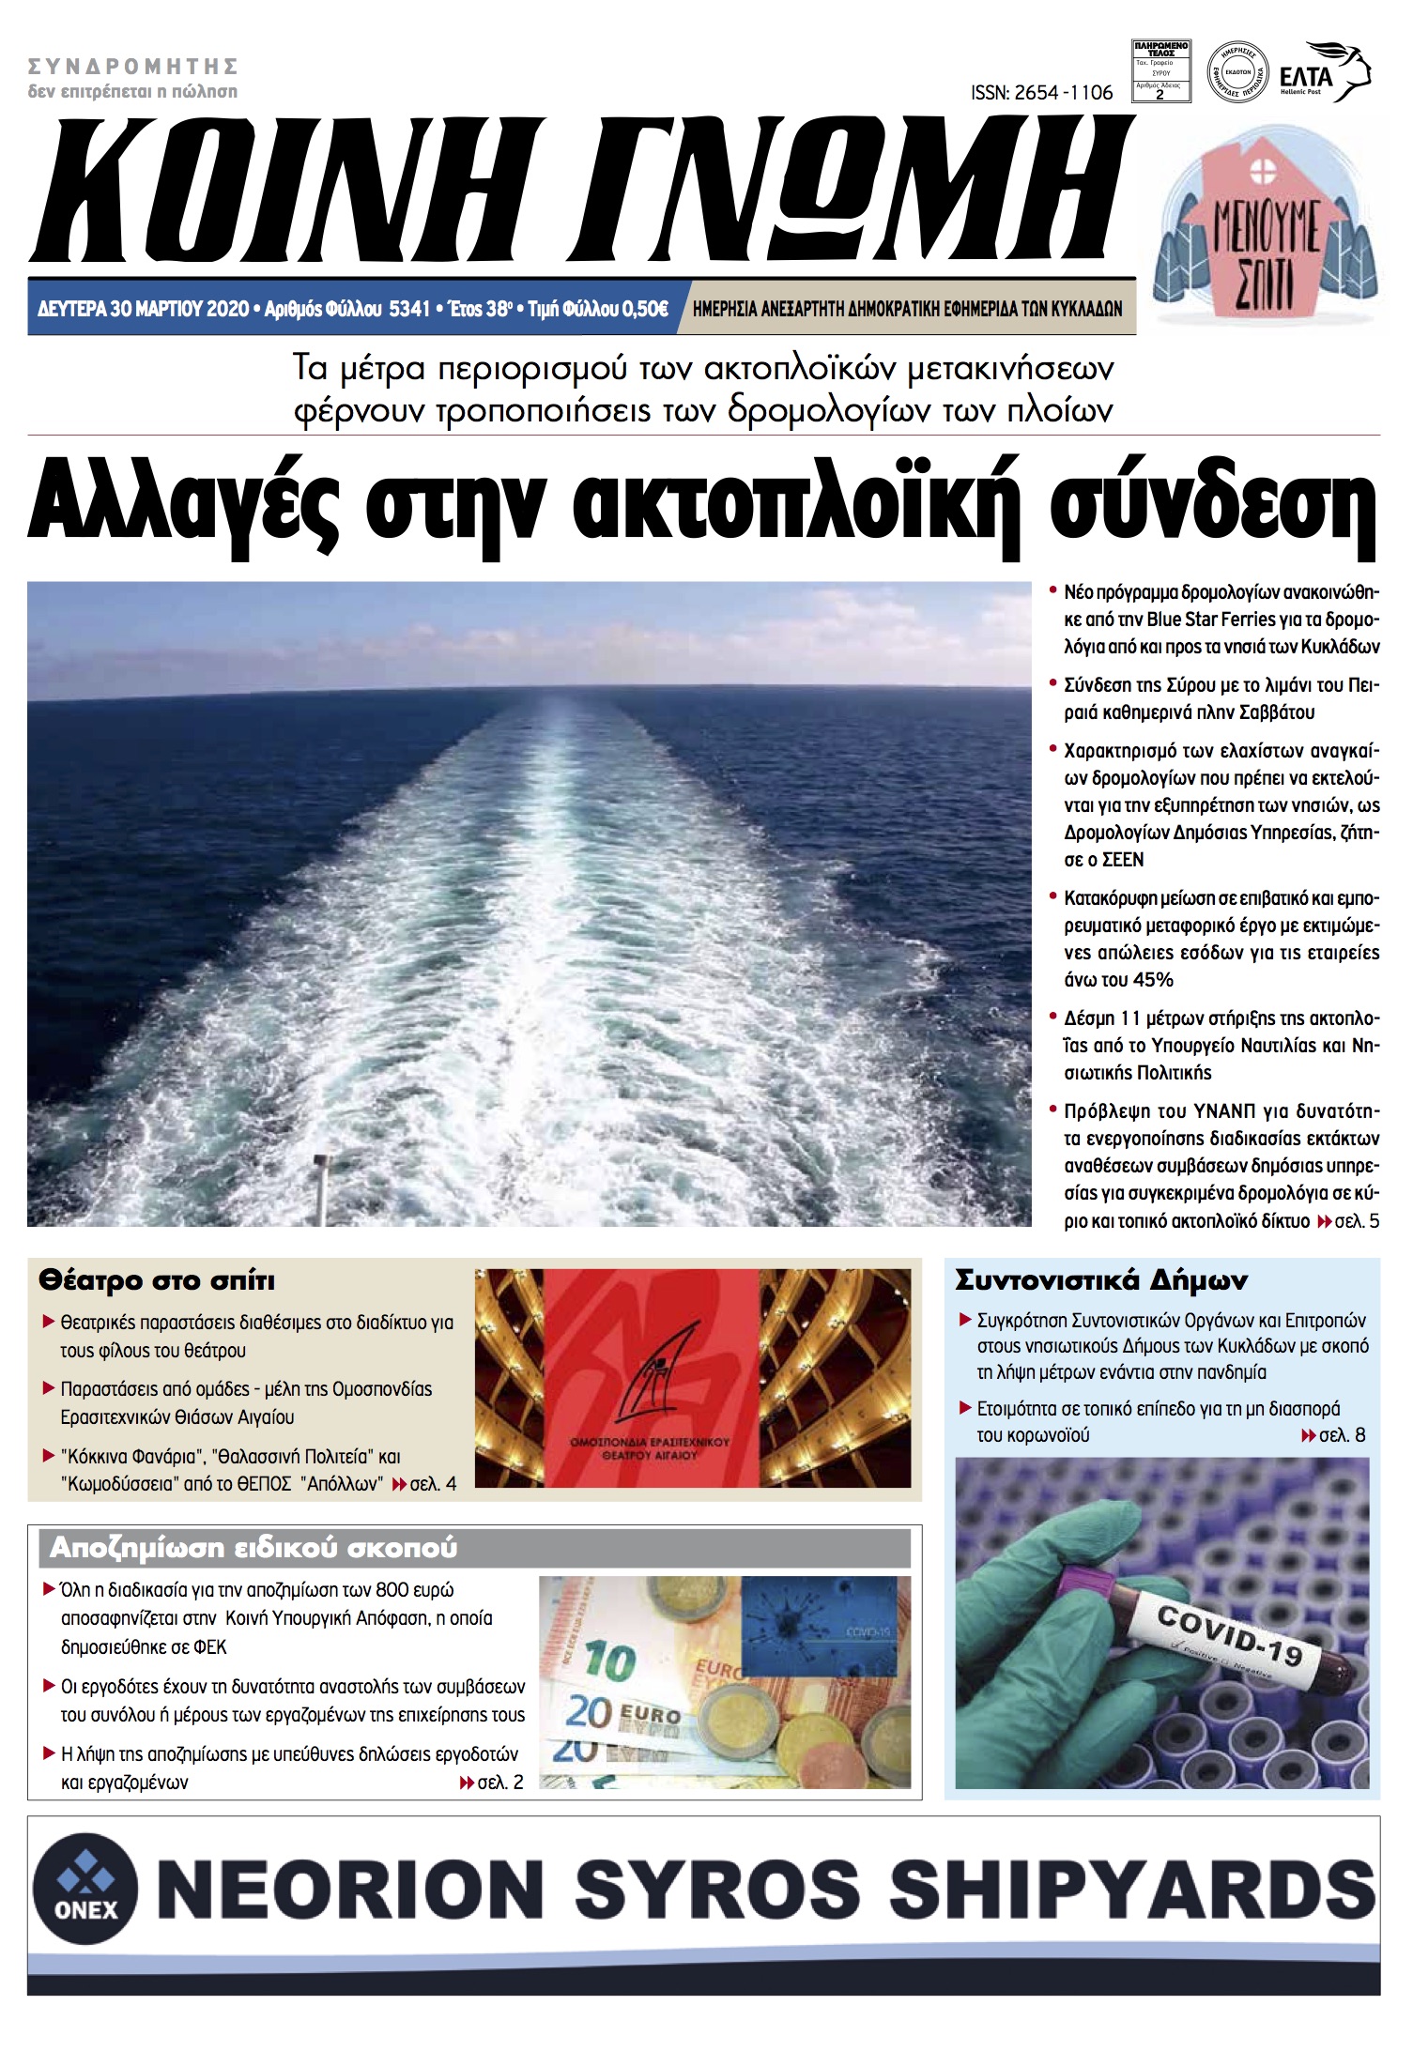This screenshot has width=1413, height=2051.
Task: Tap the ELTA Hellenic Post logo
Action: click(x=1324, y=72)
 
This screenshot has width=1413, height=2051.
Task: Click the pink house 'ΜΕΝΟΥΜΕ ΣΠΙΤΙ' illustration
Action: click(x=1267, y=231)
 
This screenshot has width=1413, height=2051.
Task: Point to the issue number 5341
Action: click(x=408, y=309)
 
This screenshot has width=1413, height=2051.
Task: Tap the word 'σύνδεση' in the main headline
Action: click(x=1211, y=508)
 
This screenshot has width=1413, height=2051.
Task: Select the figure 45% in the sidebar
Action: click(x=1153, y=980)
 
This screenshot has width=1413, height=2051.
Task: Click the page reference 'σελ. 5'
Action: click(x=1356, y=1221)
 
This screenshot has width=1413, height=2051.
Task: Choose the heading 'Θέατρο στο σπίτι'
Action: click(x=157, y=1280)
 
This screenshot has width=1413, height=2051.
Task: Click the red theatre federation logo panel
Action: click(x=651, y=1377)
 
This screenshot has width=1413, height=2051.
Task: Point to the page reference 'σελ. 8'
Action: click(x=1342, y=1435)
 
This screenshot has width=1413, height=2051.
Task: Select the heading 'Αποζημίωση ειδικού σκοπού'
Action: click(x=253, y=1548)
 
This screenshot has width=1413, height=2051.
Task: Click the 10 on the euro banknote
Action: click(x=609, y=1661)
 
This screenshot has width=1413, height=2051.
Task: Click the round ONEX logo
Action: click(x=85, y=1890)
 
